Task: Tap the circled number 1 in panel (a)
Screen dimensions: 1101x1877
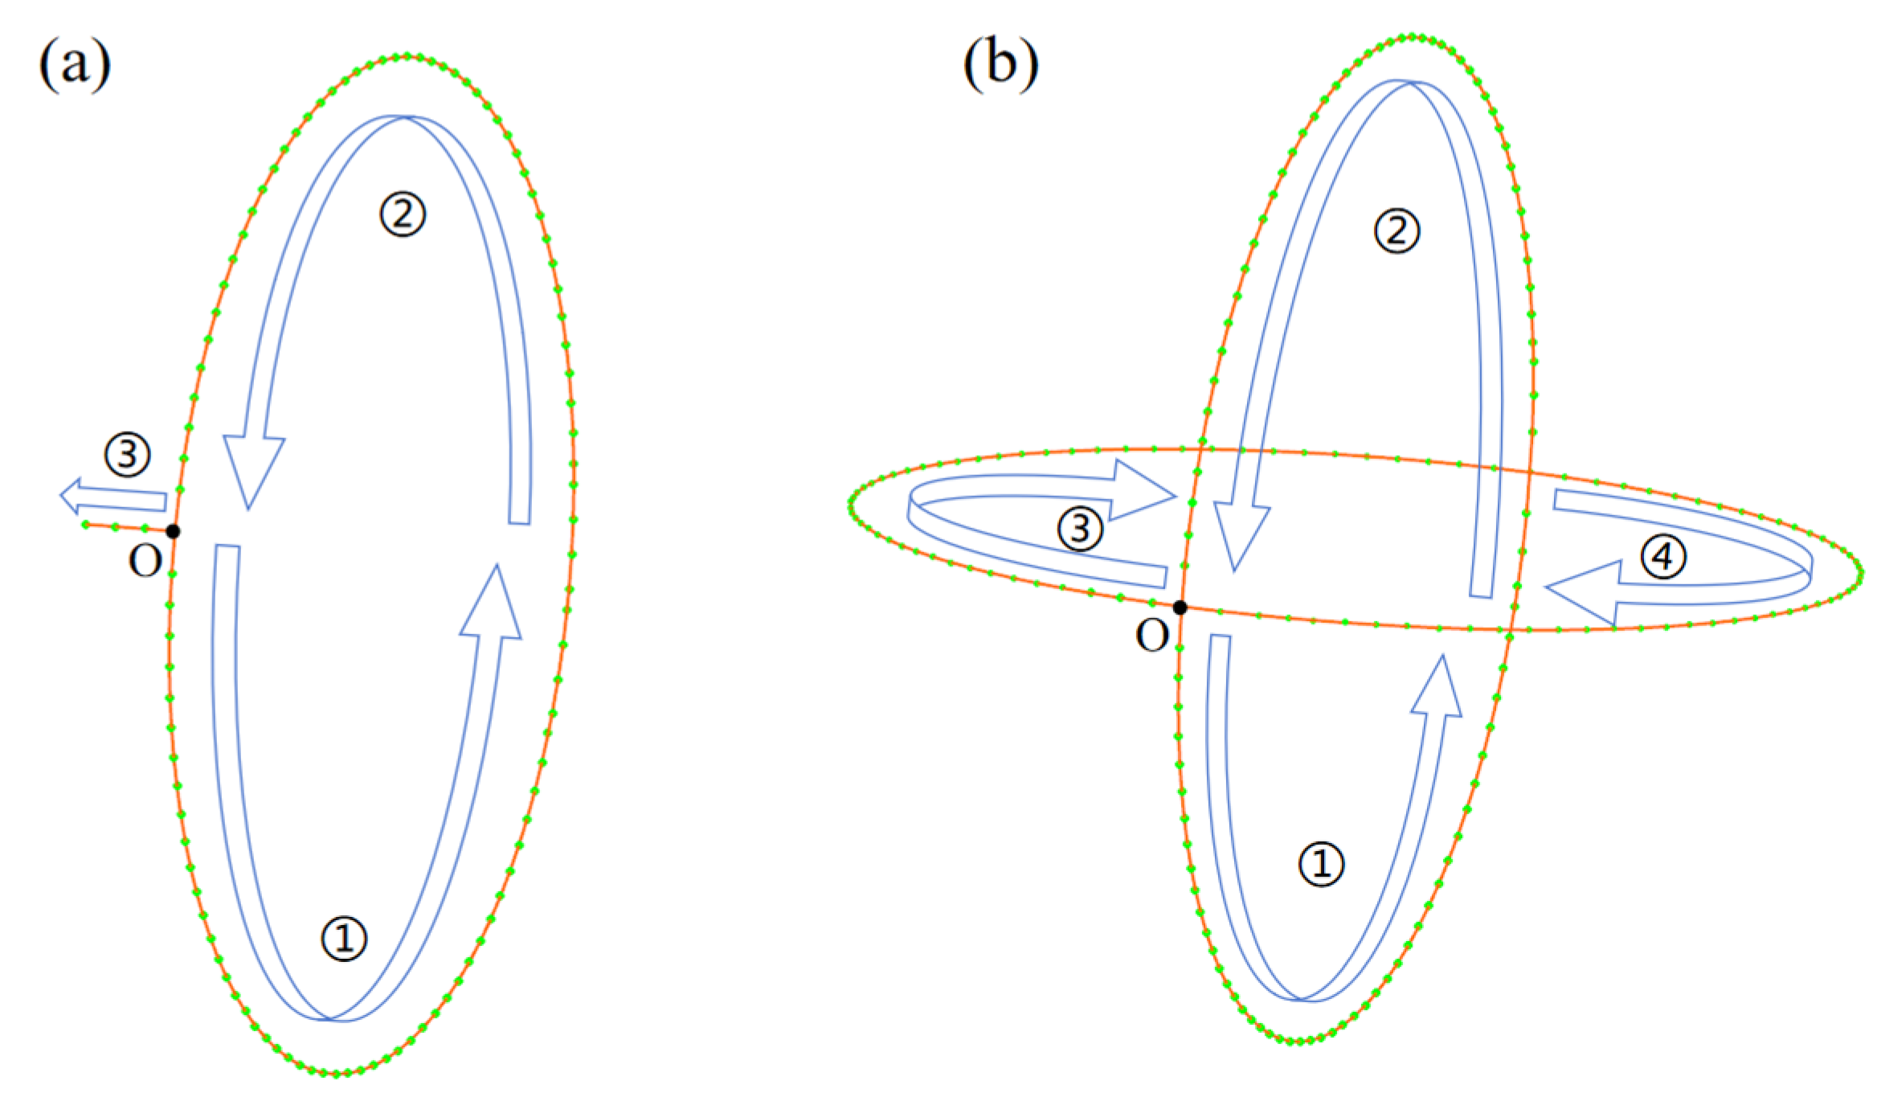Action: [344, 939]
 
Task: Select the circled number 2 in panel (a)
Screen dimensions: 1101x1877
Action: [403, 215]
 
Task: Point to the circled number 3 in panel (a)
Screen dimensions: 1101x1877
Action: [128, 456]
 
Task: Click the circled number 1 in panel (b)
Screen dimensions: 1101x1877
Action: [1321, 865]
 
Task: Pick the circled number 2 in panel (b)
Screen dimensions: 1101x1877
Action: [1397, 231]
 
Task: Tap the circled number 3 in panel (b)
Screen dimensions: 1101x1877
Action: [1080, 529]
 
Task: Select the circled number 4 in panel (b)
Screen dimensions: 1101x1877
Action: [1662, 556]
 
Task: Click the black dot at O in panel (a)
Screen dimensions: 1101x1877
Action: [173, 531]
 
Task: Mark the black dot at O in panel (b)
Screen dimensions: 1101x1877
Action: [1180, 608]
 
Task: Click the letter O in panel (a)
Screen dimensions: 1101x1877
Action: [145, 562]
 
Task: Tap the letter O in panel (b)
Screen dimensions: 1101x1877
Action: [1152, 636]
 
